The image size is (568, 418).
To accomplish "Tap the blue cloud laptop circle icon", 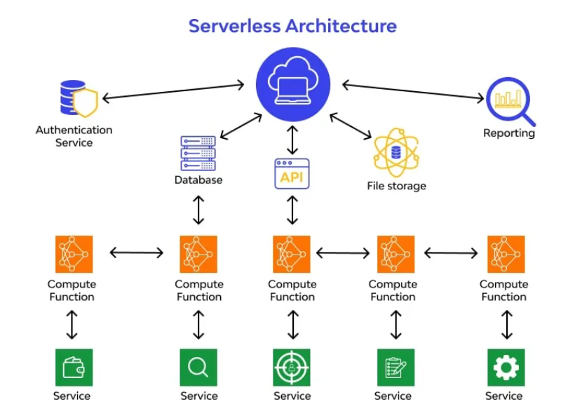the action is point(293,84).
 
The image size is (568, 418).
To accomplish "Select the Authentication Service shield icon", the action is point(79,98).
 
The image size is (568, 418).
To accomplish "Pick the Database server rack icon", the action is point(198,153).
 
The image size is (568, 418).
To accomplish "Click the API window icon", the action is point(292,174).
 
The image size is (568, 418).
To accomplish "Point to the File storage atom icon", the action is point(396,153).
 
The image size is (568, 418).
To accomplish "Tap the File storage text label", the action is point(396,186).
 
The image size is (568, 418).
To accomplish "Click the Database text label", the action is point(198,180).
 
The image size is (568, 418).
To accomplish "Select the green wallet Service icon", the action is point(74,368).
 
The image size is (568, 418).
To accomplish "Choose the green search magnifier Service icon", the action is point(198,368).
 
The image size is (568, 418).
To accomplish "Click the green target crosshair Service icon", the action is point(292,368).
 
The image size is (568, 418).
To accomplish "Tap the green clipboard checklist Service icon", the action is point(396,368).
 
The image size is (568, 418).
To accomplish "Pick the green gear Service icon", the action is point(506,368).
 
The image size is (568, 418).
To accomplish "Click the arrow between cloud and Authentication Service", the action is point(173,91).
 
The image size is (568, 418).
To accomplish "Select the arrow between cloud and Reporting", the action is point(413,91).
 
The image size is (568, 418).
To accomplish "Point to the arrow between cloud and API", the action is point(292,140).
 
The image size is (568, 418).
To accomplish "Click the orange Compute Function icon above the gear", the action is point(506,255).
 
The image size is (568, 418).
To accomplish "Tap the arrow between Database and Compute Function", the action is point(198,210).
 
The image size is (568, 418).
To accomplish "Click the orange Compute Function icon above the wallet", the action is point(74,255).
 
